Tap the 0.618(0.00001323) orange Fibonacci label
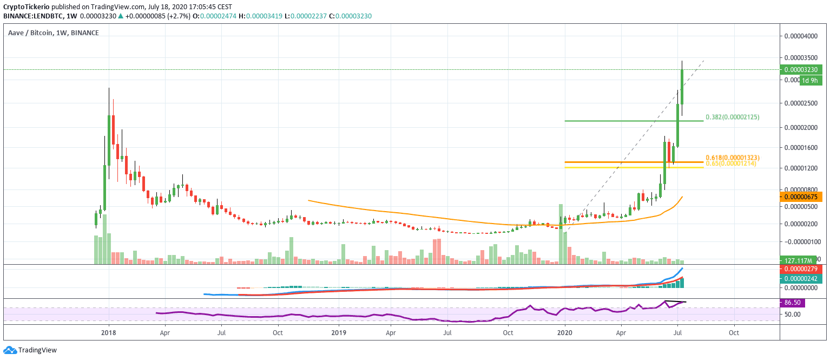733,158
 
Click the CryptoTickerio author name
33,7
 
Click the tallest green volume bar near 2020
561,233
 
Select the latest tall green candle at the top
682,87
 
